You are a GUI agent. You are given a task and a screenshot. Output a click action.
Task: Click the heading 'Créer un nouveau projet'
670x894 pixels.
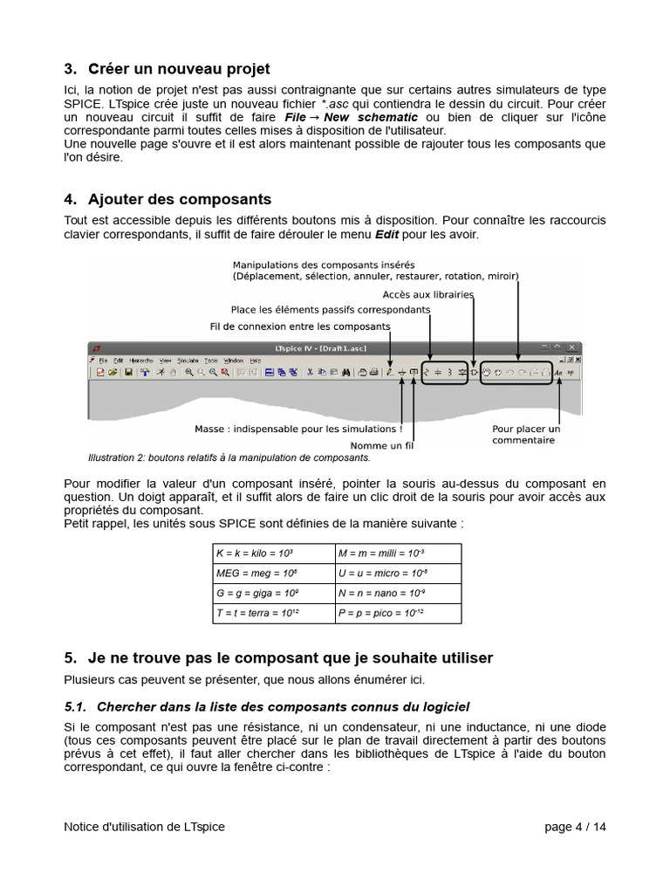point(178,69)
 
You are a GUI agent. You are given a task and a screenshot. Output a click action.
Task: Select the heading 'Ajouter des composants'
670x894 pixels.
point(174,199)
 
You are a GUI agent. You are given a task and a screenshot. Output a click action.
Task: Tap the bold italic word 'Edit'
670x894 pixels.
point(387,235)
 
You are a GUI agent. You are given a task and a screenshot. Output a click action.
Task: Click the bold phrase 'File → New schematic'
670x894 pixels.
point(351,117)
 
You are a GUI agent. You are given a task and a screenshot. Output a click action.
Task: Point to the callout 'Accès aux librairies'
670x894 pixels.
point(427,295)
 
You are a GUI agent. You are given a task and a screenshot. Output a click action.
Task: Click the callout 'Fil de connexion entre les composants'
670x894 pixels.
point(300,327)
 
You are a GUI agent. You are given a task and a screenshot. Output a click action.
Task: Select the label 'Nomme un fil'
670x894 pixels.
point(381,445)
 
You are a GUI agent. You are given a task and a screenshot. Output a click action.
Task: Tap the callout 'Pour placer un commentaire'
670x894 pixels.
point(525,435)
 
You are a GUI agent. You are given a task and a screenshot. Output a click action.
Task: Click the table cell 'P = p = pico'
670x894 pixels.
point(381,613)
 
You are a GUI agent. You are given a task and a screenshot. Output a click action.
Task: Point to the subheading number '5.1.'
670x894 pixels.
point(77,706)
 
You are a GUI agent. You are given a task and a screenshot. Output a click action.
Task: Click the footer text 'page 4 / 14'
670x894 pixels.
point(574,827)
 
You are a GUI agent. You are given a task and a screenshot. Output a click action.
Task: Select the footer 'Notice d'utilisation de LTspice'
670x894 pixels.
point(144,827)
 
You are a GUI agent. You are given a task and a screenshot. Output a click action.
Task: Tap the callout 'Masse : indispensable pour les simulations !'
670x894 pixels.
point(298,430)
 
